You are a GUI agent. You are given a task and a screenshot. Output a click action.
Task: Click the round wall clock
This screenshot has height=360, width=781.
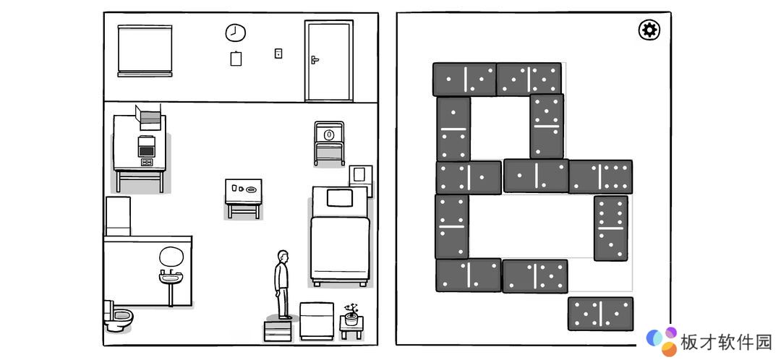pyautogui.click(x=236, y=33)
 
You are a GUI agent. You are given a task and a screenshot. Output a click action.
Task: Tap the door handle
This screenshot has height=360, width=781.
pyautogui.click(x=315, y=60)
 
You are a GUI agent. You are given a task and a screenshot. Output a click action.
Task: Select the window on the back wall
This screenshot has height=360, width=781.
pyautogui.click(x=145, y=51)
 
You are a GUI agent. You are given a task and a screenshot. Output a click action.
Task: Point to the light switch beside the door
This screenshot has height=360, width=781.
pyautogui.click(x=278, y=53)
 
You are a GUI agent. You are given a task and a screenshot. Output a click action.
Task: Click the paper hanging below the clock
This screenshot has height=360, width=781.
pyautogui.click(x=236, y=59)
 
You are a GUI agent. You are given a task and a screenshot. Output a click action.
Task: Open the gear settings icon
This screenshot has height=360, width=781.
pyautogui.click(x=649, y=30)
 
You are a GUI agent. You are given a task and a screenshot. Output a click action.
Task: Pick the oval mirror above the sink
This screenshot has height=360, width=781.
pyautogui.click(x=171, y=256)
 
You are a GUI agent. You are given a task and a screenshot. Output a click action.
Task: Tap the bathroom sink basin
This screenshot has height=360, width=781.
pyautogui.click(x=171, y=277)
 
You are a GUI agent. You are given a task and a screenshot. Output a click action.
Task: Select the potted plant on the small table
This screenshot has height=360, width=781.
pyautogui.click(x=351, y=314)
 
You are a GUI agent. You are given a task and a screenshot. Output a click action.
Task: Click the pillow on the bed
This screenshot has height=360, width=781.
pyautogui.click(x=340, y=198)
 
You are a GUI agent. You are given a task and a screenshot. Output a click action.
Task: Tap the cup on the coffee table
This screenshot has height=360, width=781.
pyautogui.click(x=234, y=188)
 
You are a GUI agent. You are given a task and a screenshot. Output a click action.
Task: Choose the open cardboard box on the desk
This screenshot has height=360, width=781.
pyautogui.click(x=149, y=117)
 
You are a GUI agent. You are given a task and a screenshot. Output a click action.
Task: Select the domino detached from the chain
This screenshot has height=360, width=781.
pyautogui.click(x=601, y=314)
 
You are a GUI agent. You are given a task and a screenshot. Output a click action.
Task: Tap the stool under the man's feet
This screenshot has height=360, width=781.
pyautogui.click(x=278, y=330)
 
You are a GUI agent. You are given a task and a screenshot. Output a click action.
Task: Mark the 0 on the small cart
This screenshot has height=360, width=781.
pyautogui.click(x=329, y=134)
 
